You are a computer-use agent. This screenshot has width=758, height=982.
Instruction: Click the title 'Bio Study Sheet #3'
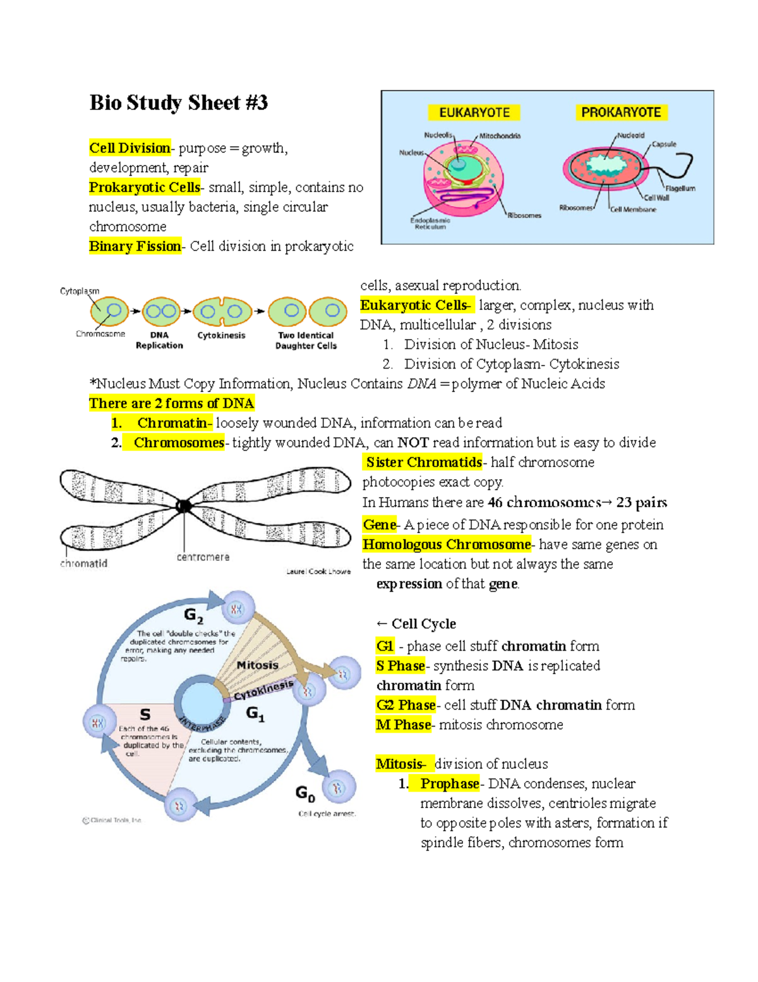179,102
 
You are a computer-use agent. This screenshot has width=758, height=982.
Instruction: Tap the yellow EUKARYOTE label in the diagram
474,113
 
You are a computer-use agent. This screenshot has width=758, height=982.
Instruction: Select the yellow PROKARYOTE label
621,113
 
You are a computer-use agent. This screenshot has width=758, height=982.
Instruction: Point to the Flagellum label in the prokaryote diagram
680,188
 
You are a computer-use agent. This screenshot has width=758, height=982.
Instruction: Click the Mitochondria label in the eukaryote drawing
500,136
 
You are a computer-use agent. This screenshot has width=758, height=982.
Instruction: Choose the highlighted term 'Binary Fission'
135,247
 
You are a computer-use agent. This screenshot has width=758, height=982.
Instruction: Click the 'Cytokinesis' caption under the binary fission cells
221,335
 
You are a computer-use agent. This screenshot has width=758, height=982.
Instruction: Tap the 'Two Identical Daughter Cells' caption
306,340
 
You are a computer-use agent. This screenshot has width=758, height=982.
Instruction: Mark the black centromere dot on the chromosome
184,506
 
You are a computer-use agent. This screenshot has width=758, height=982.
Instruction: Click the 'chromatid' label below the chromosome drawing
84,563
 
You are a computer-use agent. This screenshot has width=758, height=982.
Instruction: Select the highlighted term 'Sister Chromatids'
424,462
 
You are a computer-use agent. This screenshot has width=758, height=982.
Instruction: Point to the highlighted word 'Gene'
380,525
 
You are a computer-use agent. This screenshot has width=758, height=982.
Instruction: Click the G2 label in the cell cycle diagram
193,615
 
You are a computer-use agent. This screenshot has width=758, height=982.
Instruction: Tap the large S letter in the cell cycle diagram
145,715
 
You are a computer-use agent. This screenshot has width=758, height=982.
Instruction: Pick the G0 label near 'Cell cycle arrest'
305,793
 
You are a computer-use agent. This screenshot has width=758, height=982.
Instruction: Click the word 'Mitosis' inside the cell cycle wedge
258,665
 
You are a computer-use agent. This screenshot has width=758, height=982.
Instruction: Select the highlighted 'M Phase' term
404,725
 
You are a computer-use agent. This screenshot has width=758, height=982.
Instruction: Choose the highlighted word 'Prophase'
450,783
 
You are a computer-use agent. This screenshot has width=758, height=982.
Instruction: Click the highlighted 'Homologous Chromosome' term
447,544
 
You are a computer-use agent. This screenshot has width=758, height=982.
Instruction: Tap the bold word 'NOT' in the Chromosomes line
413,443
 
